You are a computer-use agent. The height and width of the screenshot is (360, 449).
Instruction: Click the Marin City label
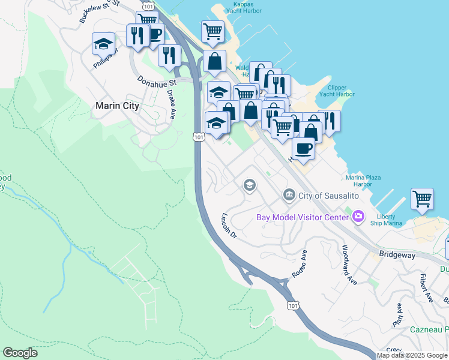tap(118, 106)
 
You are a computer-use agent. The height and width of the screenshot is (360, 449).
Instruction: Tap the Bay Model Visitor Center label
tap(303, 217)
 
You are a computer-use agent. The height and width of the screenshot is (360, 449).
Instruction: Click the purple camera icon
tap(358, 216)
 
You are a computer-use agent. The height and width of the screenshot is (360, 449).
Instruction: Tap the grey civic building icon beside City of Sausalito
tap(289, 195)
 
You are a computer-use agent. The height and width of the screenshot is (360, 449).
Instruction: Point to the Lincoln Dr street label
tap(230, 226)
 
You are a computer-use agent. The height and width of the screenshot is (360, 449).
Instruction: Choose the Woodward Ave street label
tap(349, 265)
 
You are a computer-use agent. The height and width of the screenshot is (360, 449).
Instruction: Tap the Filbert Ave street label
tap(427, 287)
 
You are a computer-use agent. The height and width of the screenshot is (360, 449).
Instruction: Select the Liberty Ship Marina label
tap(389, 220)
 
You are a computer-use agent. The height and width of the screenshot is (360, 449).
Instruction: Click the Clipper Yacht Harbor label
tap(337, 91)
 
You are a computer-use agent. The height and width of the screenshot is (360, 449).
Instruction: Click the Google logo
tap(20, 353)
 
